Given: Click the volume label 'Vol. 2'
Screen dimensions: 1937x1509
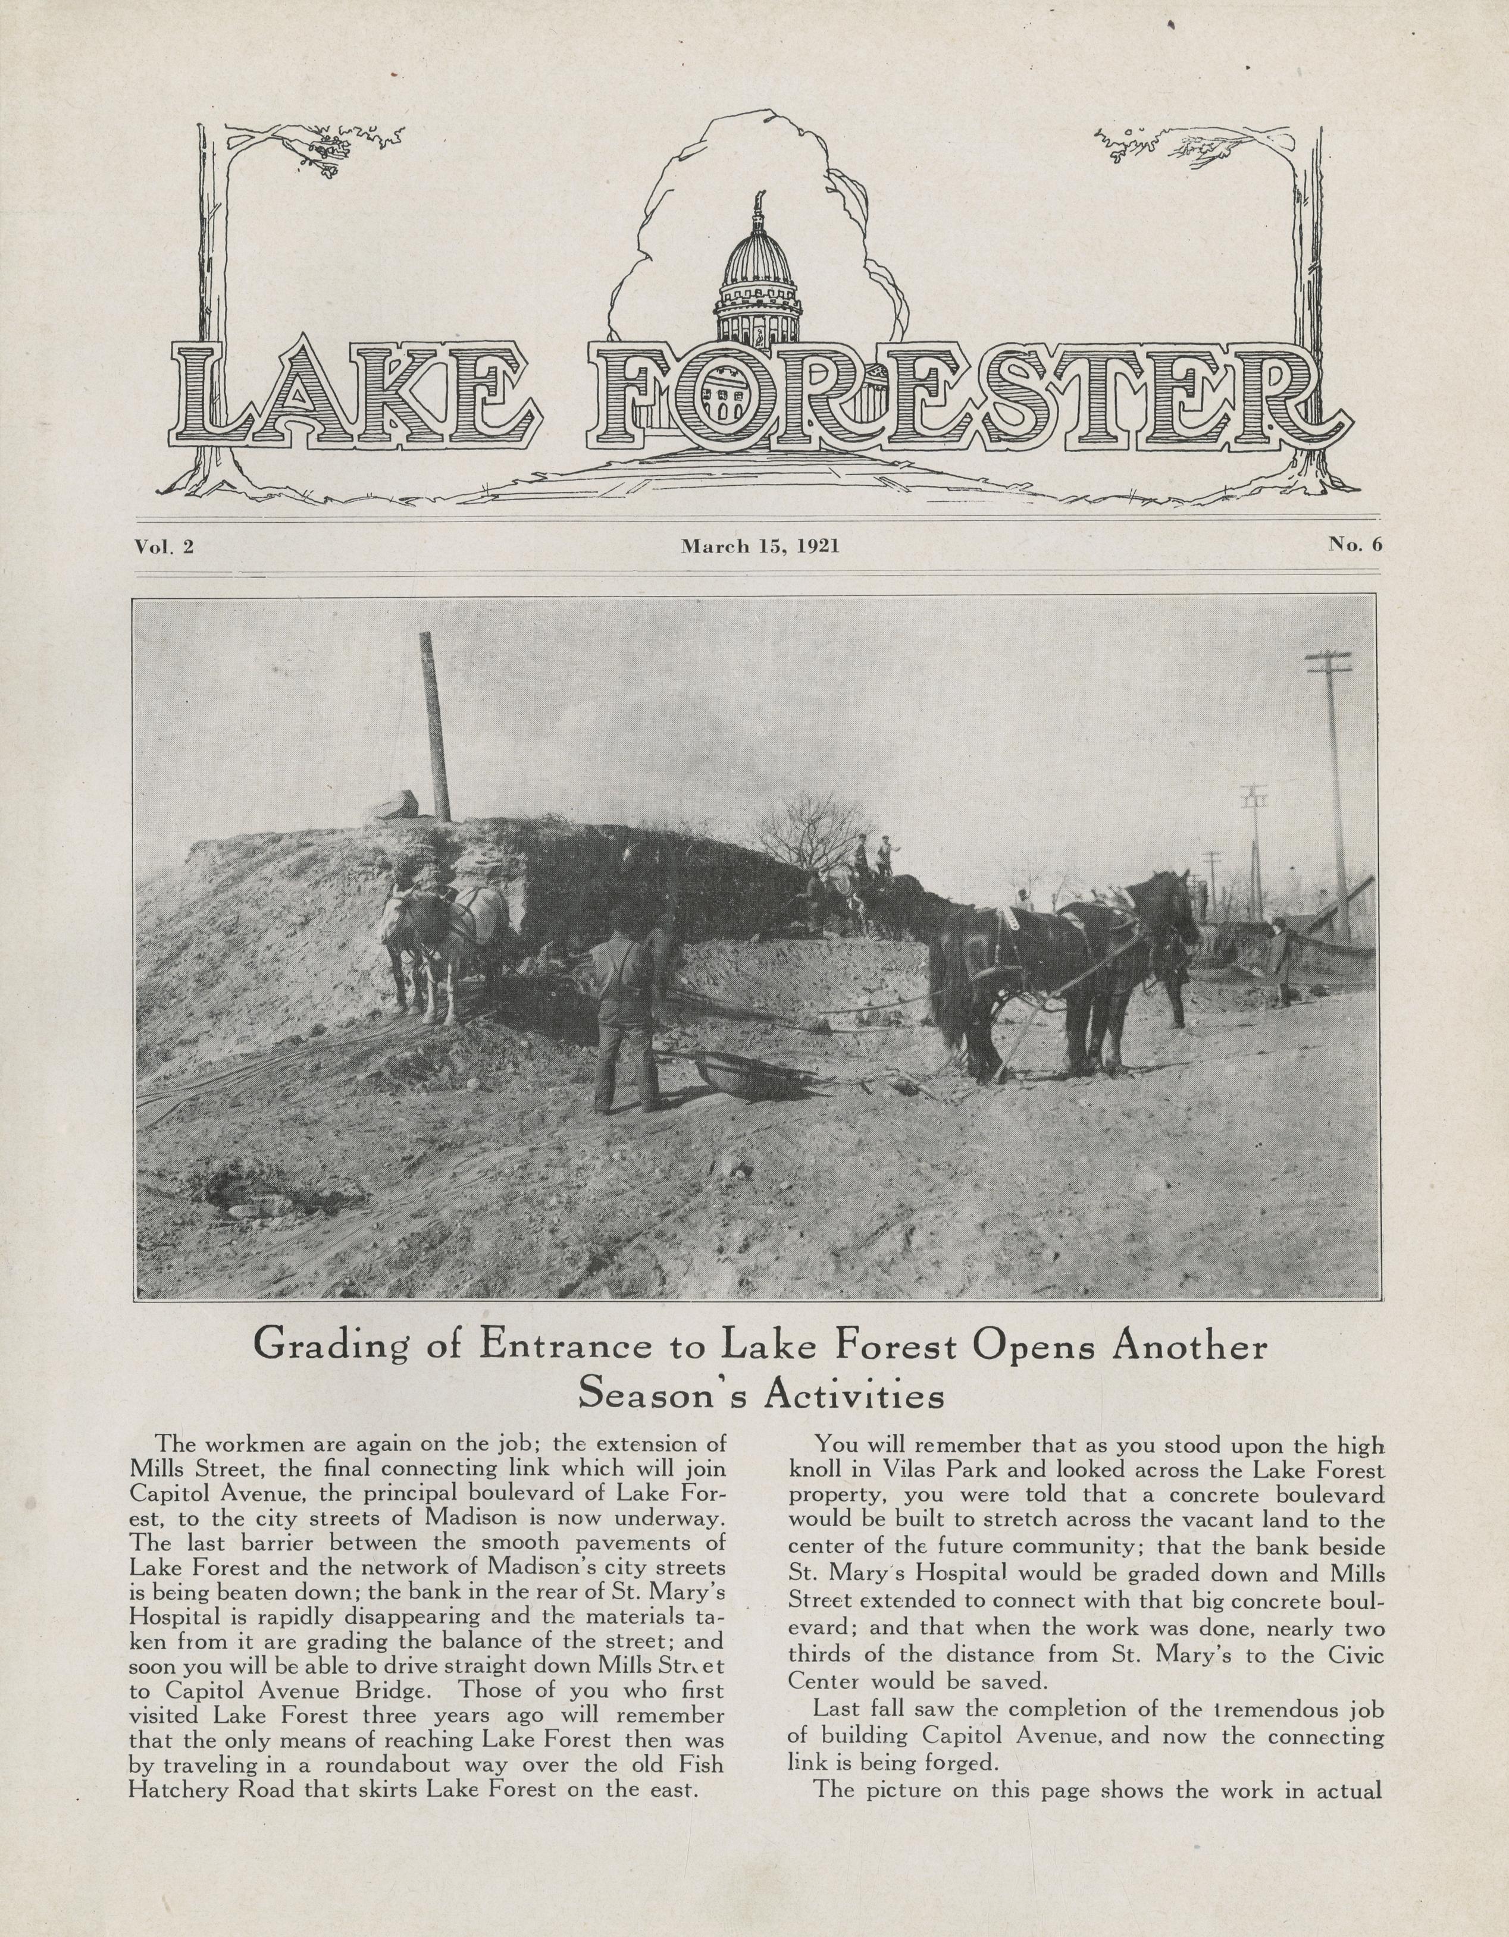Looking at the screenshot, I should click(x=164, y=547).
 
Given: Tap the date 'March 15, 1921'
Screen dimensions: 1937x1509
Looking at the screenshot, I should click(x=759, y=547).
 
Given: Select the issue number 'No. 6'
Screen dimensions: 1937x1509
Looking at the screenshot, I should click(x=1355, y=545).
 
